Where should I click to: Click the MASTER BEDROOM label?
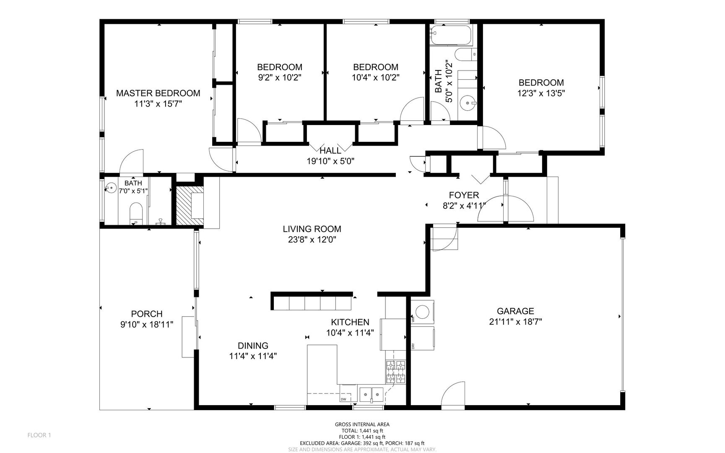(x=158, y=93)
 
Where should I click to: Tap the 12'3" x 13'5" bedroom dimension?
(x=541, y=94)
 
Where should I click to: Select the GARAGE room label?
(x=515, y=311)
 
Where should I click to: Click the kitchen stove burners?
(x=396, y=372)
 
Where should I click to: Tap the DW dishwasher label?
(x=343, y=399)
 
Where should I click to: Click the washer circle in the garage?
(x=422, y=311)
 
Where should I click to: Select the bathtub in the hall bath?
(x=452, y=36)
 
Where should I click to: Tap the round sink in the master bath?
(x=111, y=188)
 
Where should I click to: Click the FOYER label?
(x=464, y=195)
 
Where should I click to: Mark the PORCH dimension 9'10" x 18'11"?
(x=146, y=324)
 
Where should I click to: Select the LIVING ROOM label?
(x=312, y=229)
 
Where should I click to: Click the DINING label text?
(x=253, y=346)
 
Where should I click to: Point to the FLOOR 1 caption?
(x=39, y=435)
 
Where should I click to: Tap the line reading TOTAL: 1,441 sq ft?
(x=362, y=431)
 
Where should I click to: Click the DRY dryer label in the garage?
(x=413, y=346)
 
